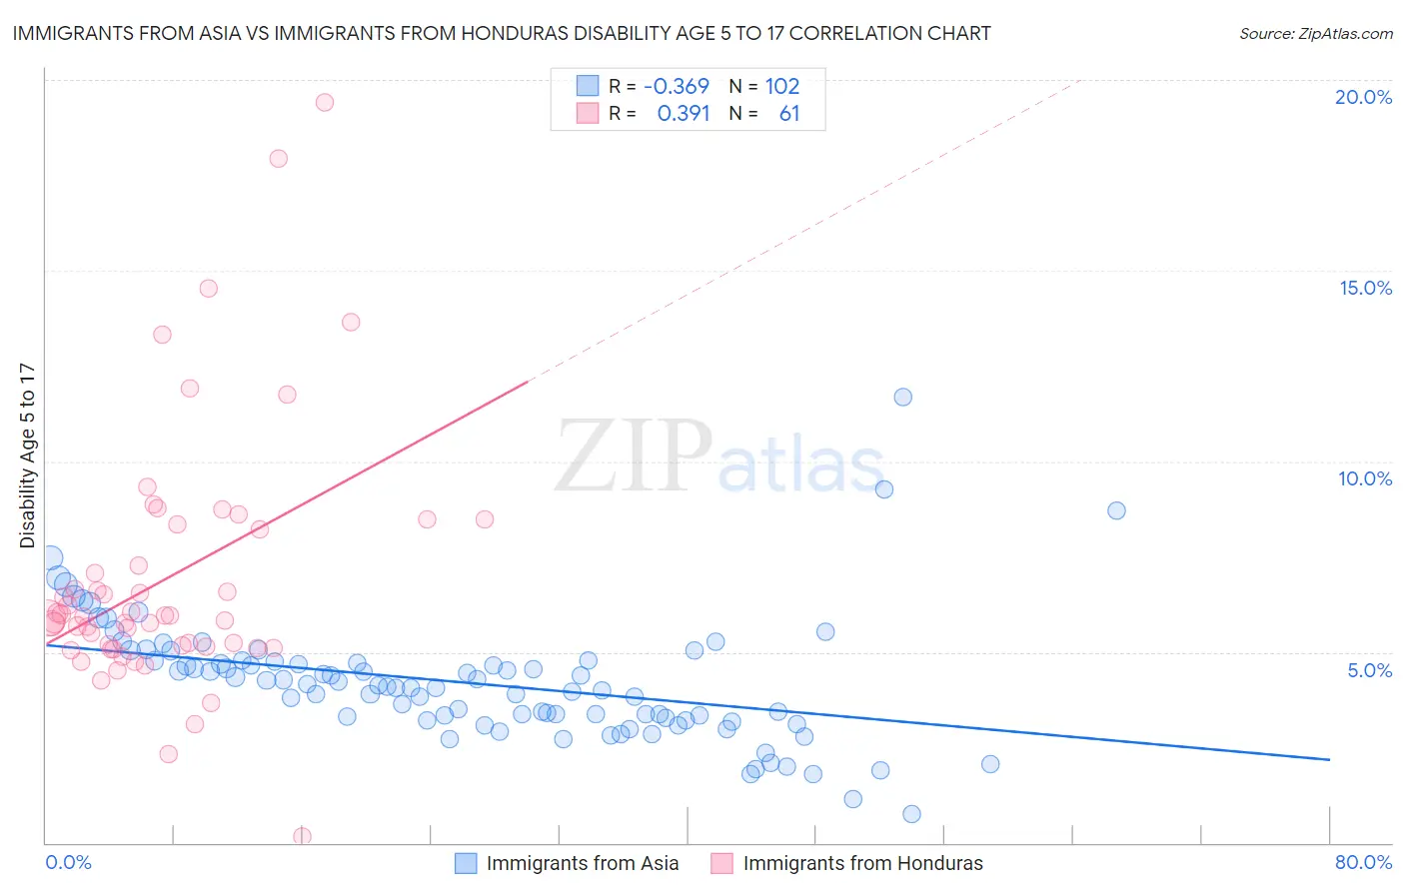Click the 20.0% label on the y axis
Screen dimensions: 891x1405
1363,97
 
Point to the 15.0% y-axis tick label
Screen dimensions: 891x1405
1365,288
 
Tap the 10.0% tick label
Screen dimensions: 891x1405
1365,478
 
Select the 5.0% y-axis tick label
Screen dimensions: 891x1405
1369,670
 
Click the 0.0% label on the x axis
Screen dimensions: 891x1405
68,862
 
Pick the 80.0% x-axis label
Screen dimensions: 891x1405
1363,862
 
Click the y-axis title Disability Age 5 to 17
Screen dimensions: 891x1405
28,455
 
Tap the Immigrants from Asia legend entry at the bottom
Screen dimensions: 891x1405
582,864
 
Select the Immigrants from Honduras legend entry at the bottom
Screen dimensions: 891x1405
862,864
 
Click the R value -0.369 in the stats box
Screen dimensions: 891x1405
676,86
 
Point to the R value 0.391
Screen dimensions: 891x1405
683,114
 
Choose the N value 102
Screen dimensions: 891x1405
782,86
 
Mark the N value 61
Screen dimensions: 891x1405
789,114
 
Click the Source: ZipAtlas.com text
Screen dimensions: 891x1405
1315,33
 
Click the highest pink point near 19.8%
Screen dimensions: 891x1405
324,102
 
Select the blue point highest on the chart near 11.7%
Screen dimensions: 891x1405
902,397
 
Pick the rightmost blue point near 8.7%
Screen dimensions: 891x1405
1116,510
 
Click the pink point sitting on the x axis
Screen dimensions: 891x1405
302,836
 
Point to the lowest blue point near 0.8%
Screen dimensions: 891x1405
911,814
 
